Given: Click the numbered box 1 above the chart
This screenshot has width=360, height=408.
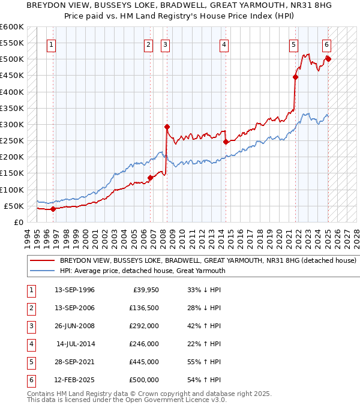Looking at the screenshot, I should [51, 44].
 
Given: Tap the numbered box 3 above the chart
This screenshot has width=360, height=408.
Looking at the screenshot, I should [165, 44].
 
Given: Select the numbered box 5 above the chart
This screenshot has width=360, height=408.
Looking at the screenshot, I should [293, 44].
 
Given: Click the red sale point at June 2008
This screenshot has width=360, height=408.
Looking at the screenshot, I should [167, 127].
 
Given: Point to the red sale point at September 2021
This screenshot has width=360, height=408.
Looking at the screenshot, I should [296, 77].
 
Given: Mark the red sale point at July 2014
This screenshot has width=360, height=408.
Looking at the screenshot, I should [226, 142].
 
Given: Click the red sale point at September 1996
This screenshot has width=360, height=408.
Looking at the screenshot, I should [53, 209].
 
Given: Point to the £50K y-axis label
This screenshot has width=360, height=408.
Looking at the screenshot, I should [14, 206].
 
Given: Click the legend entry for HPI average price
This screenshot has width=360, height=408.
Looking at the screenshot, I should [142, 271].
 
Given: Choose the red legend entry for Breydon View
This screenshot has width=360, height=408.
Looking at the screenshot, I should [208, 261].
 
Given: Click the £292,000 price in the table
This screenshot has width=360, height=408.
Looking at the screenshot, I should [144, 326].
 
